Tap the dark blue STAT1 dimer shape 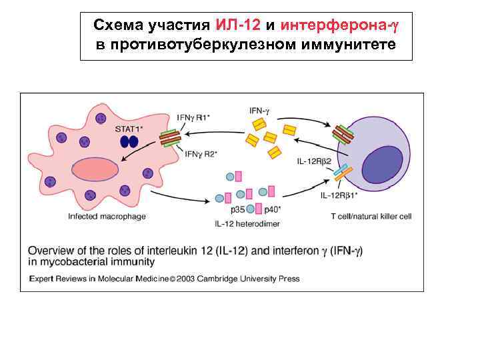coord(128,141)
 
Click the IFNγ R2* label coord(200,154)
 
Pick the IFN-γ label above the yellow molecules coord(259,110)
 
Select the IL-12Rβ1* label coord(339,195)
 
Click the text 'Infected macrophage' coord(107,216)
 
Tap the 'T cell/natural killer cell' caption coord(371,217)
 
